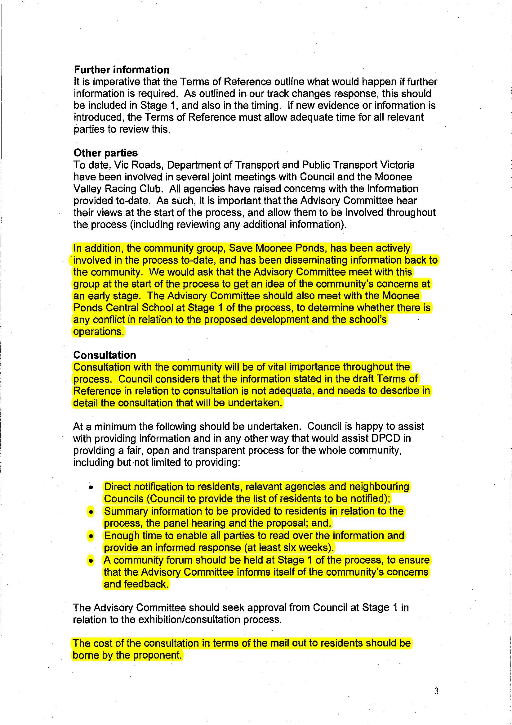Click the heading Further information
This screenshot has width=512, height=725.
(122, 70)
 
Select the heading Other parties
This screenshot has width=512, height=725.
(106, 153)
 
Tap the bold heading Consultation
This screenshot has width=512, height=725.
(105, 355)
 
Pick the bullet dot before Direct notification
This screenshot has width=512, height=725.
(91, 487)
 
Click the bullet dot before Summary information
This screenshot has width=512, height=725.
(91, 512)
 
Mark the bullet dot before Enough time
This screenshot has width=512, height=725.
(91, 536)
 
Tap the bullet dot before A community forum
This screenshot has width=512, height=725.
(91, 560)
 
